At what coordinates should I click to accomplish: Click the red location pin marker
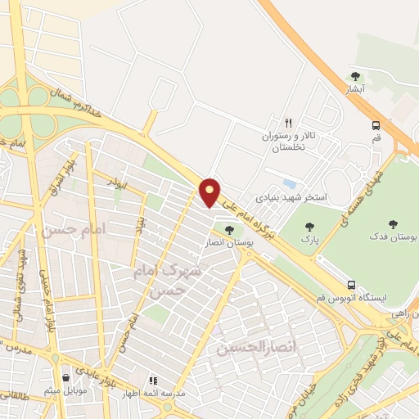[210, 192]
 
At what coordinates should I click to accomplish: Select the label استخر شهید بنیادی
[291, 197]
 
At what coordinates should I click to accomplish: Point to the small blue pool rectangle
[287, 183]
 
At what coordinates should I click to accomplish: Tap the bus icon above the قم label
[375, 125]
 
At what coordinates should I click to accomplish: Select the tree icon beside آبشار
[354, 76]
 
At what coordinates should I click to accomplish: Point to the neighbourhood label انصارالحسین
[249, 349]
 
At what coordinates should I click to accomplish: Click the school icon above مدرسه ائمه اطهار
[152, 381]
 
